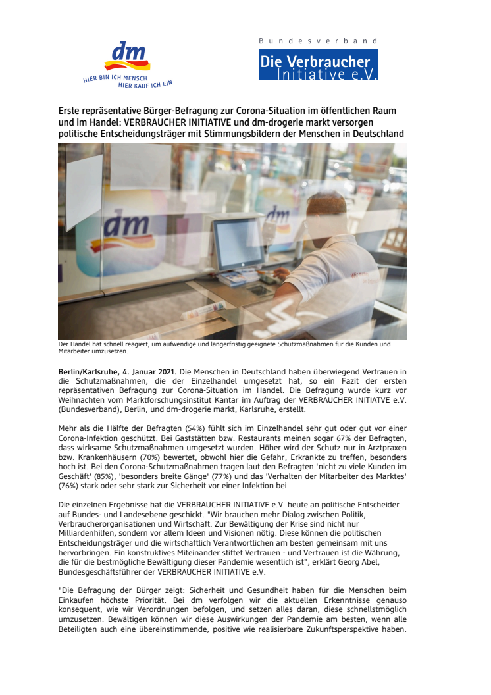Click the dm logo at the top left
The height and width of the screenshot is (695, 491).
(126, 57)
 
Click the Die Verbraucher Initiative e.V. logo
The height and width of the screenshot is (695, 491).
(319, 64)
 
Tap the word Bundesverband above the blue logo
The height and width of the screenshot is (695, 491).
(319, 41)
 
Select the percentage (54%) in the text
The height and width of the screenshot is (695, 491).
(191, 428)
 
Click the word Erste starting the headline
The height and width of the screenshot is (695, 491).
(70, 111)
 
